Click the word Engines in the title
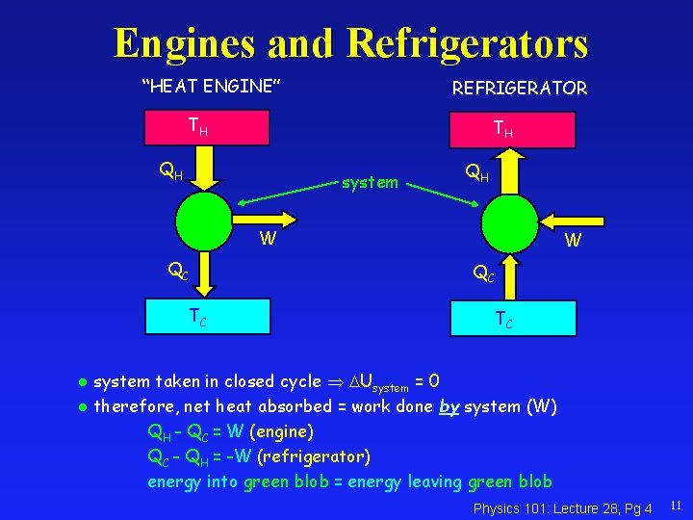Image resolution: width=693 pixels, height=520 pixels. click(184, 42)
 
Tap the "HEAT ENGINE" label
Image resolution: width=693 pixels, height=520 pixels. click(211, 87)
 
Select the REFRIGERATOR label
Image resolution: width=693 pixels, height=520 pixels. click(520, 88)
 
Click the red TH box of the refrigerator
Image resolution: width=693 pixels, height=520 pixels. click(503, 129)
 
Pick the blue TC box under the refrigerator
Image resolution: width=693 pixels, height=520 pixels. click(503, 317)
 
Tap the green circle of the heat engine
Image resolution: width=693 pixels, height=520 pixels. click(204, 221)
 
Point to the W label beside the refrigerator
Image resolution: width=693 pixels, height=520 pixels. click(573, 241)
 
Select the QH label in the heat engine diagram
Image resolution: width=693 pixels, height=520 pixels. click(171, 173)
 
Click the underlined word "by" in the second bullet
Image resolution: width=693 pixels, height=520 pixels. click(449, 406)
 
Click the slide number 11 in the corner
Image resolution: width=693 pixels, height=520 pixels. click(676, 505)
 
